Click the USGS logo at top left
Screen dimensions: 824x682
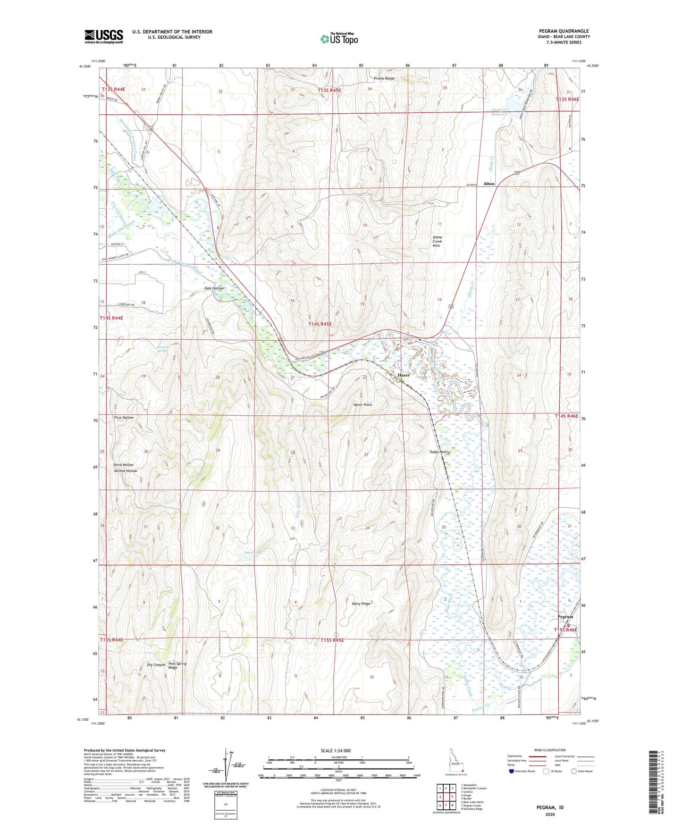tap(104, 36)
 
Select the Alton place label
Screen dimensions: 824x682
tap(488, 184)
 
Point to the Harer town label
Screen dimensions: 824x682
tap(404, 375)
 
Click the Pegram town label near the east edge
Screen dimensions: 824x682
tap(565, 616)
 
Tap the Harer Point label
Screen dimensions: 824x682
tap(362, 405)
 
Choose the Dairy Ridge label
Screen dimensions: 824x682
tap(362, 603)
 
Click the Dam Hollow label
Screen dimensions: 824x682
tap(214, 288)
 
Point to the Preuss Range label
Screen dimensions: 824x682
tap(384, 78)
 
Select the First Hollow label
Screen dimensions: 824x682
tap(124, 418)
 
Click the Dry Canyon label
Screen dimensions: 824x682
tap(156, 664)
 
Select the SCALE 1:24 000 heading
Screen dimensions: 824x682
tap(336, 750)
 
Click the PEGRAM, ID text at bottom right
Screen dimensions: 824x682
tap(550, 807)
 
